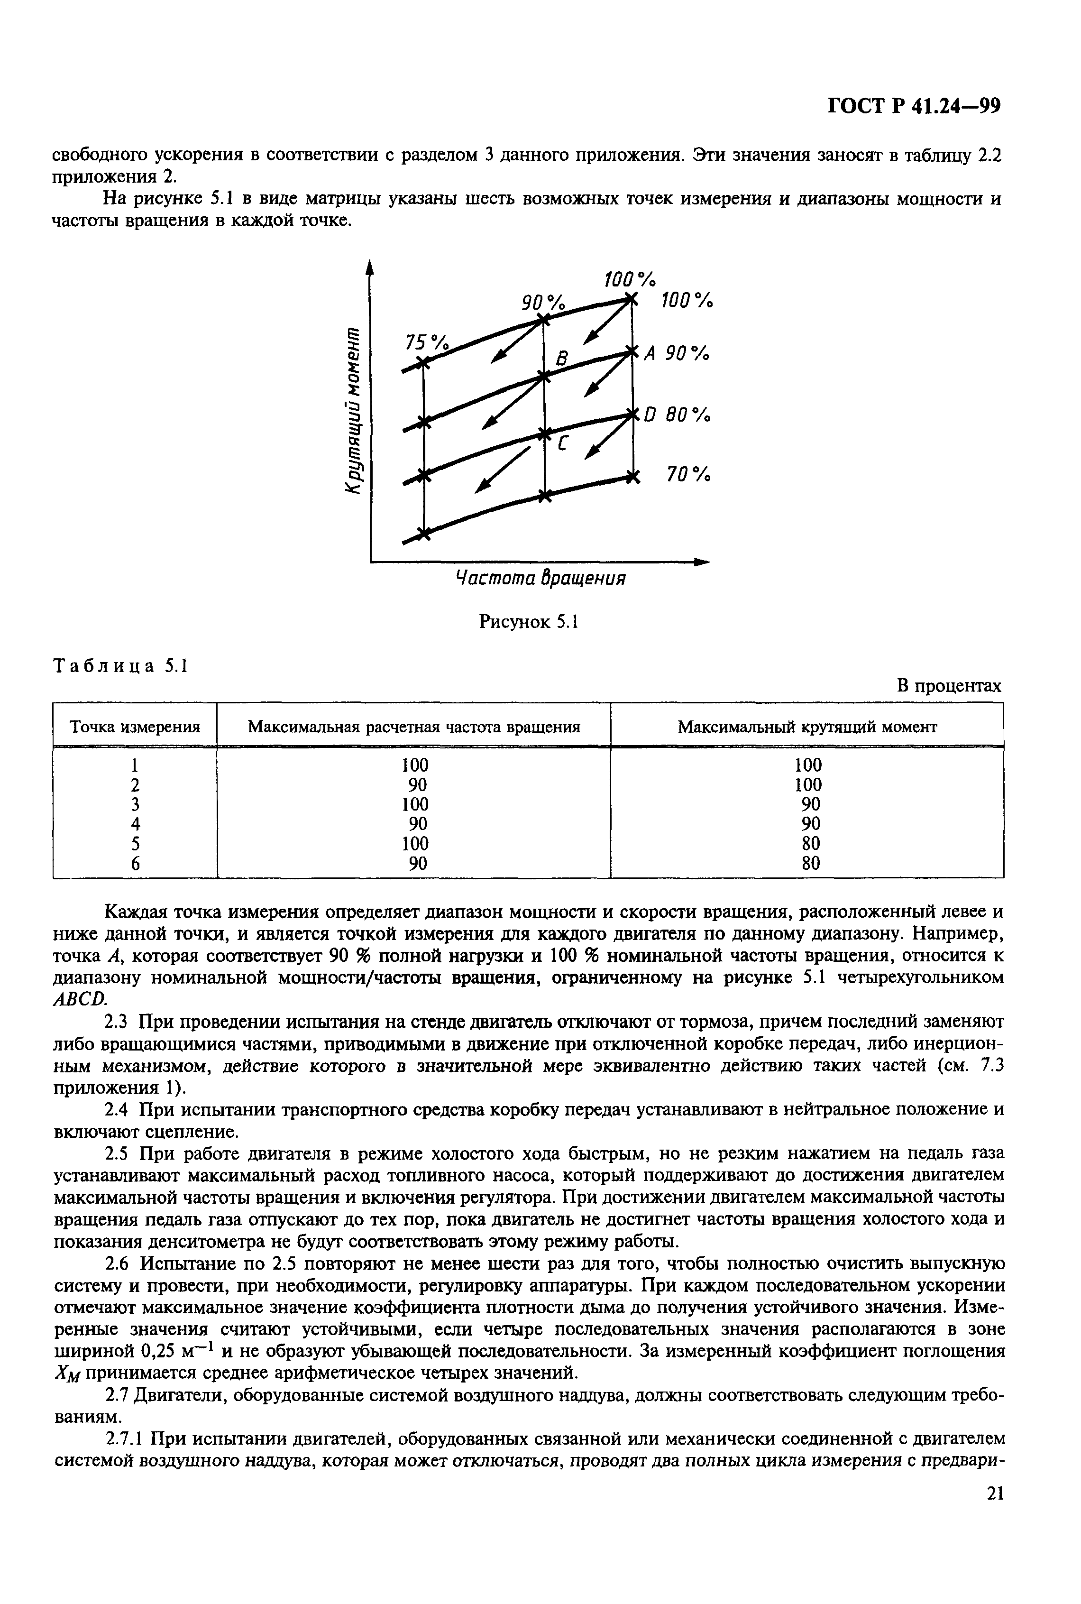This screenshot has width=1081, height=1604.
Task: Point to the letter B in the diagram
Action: click(562, 359)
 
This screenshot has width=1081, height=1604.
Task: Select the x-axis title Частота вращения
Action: click(541, 578)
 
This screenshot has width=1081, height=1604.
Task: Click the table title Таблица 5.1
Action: click(120, 666)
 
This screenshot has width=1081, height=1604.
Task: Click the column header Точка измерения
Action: click(136, 727)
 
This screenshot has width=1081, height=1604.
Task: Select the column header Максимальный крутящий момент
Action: click(807, 727)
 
